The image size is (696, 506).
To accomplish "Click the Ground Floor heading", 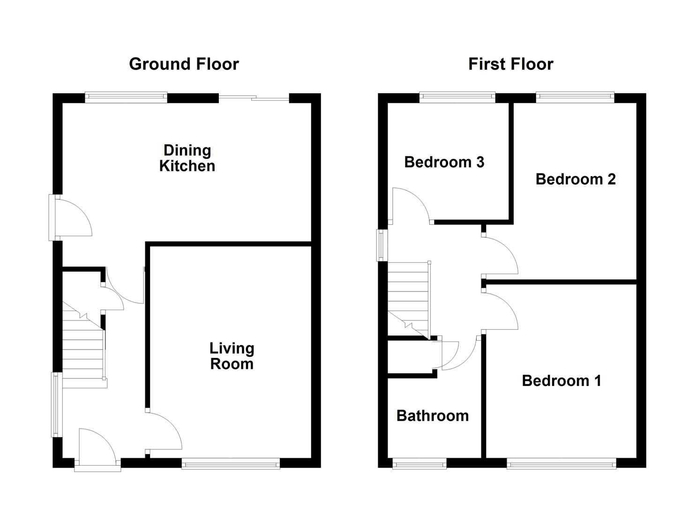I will [184, 64].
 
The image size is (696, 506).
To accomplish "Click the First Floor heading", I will [510, 64].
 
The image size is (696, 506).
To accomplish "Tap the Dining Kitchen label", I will [187, 158].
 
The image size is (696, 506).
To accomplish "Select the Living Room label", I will [232, 356].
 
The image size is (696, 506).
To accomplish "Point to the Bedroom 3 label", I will [444, 162].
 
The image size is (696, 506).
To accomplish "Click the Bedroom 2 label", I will [575, 179].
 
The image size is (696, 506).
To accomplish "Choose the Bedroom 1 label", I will [561, 380].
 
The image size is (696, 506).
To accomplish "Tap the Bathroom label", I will [432, 416].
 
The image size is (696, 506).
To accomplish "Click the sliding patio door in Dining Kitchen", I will [254, 98].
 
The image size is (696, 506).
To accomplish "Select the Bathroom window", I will [419, 464].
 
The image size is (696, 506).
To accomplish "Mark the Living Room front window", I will [231, 464].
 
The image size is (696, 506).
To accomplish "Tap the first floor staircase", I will [408, 300].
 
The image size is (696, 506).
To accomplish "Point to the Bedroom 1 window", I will [561, 464].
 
